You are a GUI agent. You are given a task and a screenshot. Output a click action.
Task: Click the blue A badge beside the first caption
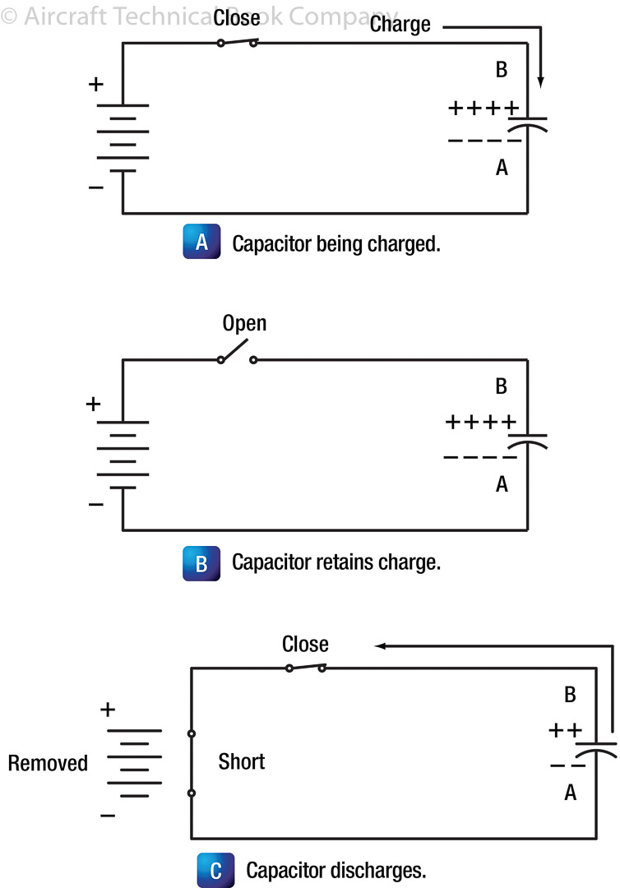click(x=201, y=244)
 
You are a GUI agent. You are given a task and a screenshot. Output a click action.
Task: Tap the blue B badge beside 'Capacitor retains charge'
click(x=201, y=563)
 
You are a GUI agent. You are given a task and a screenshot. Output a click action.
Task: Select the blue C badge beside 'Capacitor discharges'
click(x=215, y=870)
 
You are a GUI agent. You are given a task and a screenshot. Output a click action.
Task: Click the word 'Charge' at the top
click(x=400, y=24)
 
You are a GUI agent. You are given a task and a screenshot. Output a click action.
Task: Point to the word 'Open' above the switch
click(x=245, y=323)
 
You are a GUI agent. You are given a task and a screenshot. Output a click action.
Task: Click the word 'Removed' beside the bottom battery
click(x=48, y=762)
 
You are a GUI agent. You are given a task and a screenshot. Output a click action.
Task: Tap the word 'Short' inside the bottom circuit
click(x=242, y=761)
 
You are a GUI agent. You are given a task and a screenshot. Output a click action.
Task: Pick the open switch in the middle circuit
click(x=237, y=357)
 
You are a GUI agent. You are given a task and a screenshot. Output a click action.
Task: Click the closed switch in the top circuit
click(x=238, y=42)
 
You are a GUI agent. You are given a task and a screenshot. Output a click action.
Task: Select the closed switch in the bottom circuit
click(x=305, y=668)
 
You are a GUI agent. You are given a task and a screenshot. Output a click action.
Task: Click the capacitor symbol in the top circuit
click(x=527, y=123)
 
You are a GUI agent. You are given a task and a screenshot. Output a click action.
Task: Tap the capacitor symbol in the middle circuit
click(x=527, y=439)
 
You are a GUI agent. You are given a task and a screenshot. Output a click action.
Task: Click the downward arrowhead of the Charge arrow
click(x=540, y=82)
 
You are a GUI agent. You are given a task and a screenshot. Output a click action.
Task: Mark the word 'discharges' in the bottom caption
click(x=382, y=870)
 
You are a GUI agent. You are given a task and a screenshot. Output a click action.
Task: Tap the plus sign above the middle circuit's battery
click(x=94, y=404)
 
